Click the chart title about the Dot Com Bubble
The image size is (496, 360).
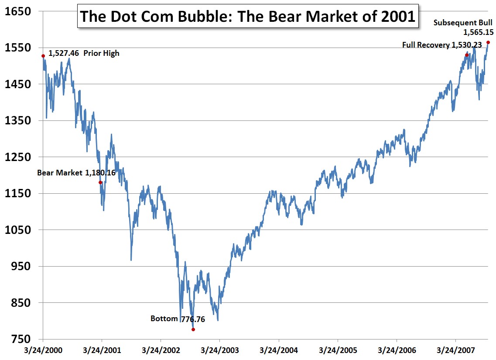pos(247,17)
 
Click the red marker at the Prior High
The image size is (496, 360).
pos(43,56)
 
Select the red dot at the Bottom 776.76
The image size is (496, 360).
pos(193,329)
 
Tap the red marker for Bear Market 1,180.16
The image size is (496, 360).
pos(100,182)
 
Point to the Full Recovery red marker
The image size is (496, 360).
pos(467,55)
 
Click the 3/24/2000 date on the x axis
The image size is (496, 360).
pos(44,350)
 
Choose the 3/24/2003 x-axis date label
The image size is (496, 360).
pos(220,350)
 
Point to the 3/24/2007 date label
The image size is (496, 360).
pos(455,350)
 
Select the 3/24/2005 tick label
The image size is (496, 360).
pos(338,350)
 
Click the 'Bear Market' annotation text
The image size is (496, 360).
pos(59,173)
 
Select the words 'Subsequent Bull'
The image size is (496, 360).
pos(463,23)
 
